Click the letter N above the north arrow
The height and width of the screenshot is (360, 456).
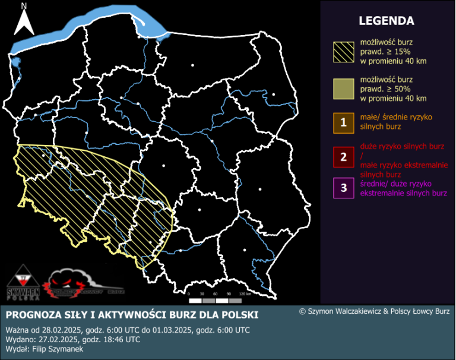(x=24, y=6)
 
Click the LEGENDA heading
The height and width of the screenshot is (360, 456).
(x=386, y=21)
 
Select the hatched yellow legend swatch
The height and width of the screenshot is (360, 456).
(x=344, y=52)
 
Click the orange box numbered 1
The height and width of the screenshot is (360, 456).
(x=344, y=123)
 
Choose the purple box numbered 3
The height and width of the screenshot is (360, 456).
(x=344, y=188)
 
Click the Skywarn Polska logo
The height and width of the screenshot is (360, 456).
(x=23, y=283)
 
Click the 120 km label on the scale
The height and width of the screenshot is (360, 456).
(x=245, y=294)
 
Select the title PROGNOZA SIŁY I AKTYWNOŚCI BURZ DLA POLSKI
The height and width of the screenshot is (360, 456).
(x=132, y=314)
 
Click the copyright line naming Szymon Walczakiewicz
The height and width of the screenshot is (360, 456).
(x=374, y=311)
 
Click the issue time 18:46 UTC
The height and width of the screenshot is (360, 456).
(x=119, y=339)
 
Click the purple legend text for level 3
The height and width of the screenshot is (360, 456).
(x=403, y=189)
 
